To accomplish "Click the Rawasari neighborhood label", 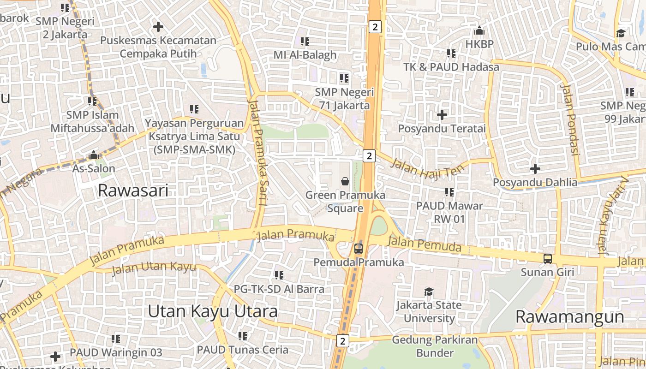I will tap(133, 190).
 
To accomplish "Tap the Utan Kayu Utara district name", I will tap(213, 311).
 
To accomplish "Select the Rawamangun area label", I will tap(569, 317).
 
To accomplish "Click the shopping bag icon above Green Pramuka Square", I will tap(345, 181).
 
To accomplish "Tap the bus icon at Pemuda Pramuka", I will tap(358, 249).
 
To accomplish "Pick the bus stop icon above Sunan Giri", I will tap(547, 258).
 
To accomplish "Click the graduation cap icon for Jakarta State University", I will tap(429, 292).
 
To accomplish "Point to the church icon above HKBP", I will tap(479, 31).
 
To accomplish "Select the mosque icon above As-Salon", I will tap(94, 155).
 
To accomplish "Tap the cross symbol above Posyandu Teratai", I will tap(442, 114).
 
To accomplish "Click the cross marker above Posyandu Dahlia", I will tap(535, 168).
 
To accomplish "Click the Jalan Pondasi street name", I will tap(569, 119).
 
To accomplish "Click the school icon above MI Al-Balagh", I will tap(305, 42).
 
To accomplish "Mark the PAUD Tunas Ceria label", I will tap(243, 349).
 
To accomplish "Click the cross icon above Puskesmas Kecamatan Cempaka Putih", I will tap(158, 27).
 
